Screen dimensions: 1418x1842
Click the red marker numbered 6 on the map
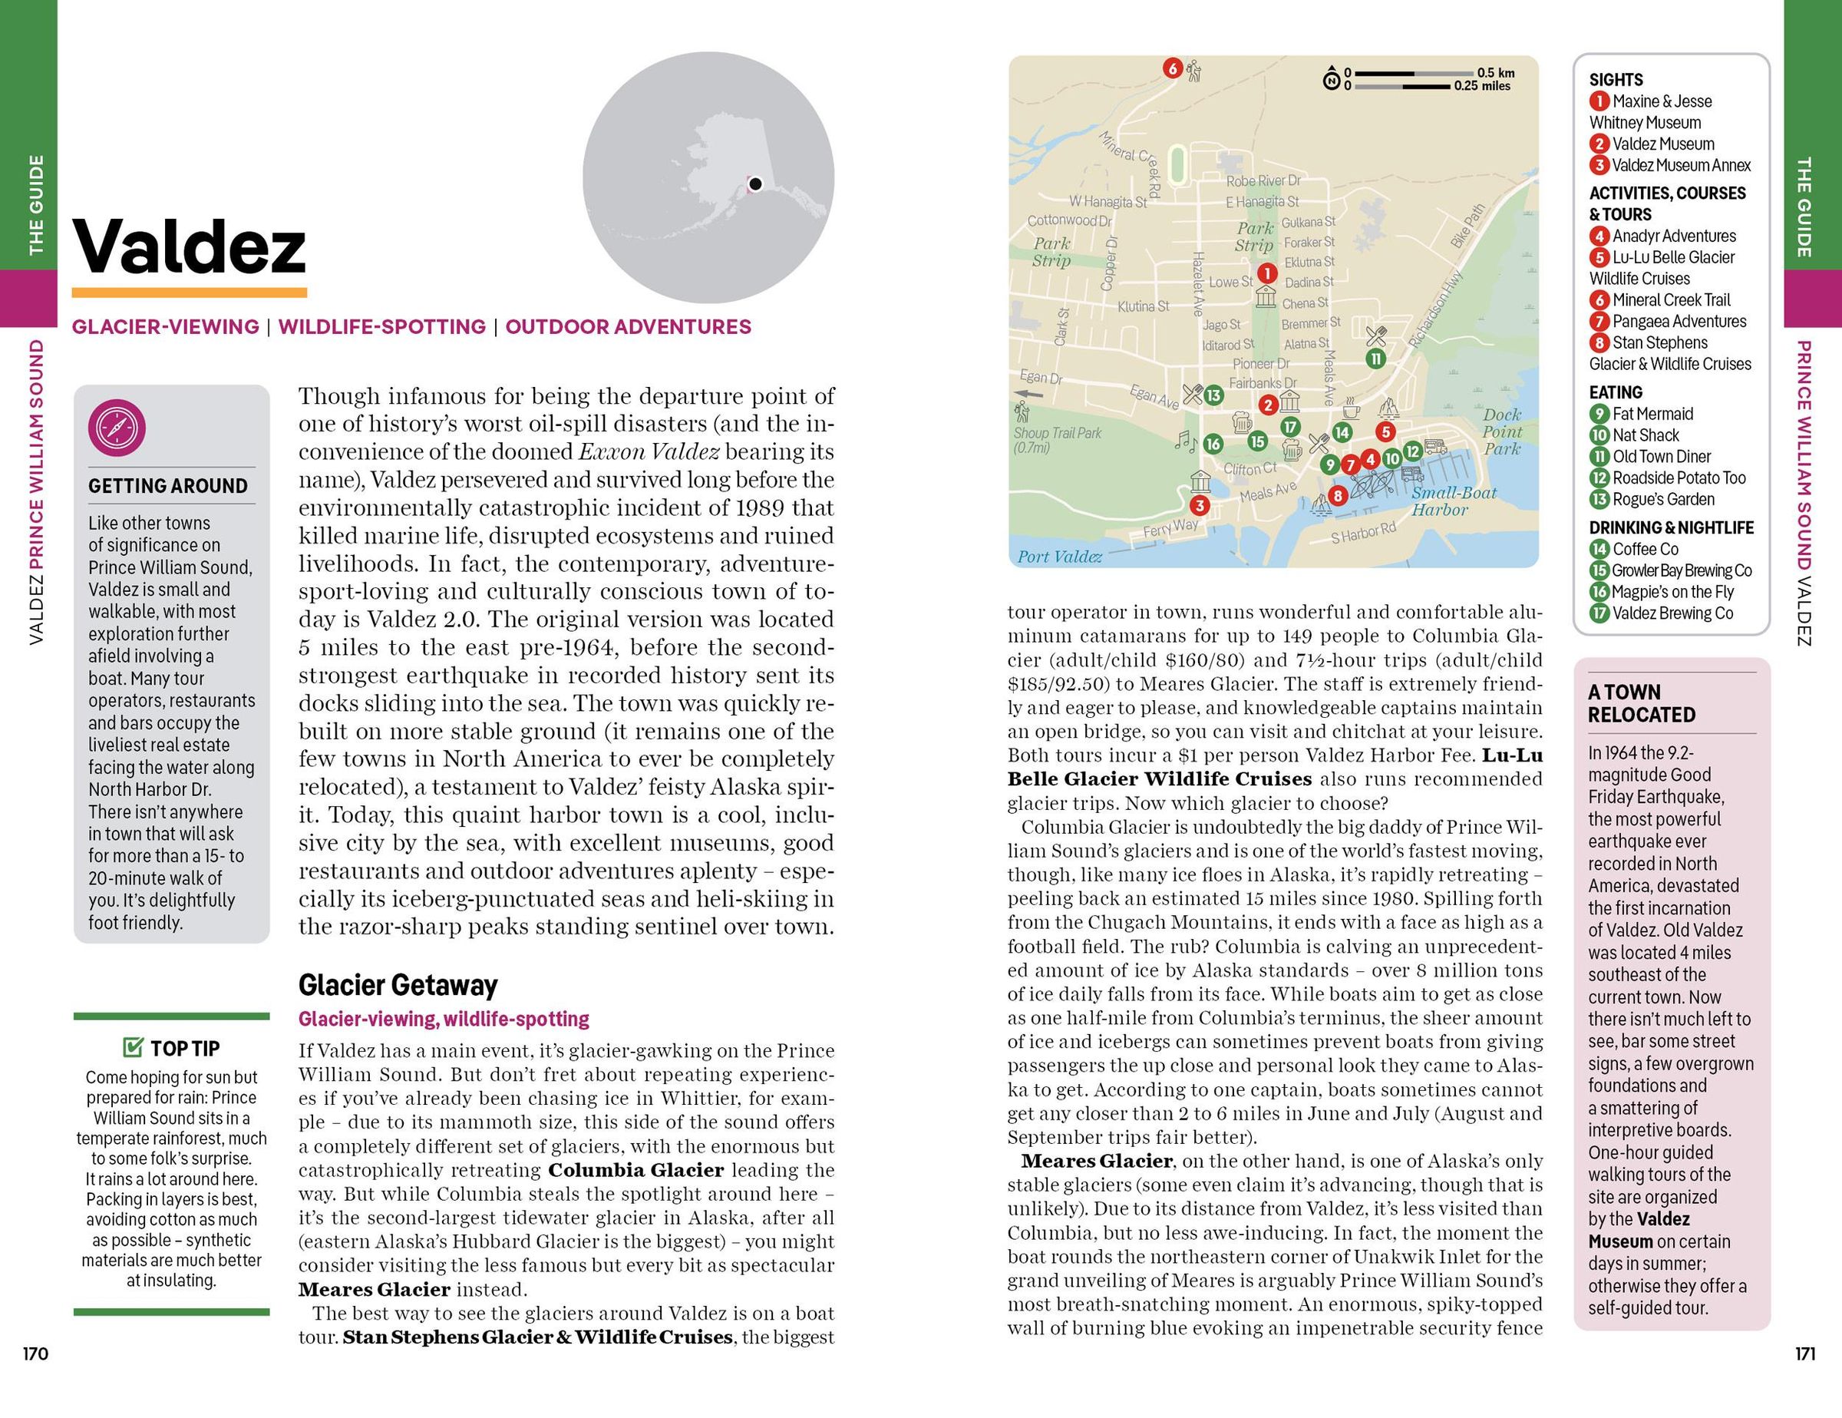[1172, 68]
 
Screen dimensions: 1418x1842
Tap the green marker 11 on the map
[1375, 359]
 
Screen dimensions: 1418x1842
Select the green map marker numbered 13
[1213, 395]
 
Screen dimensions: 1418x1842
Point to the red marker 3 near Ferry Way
[1200, 505]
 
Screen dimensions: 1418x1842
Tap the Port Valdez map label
[1059, 556]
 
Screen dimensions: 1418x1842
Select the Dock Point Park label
[1502, 432]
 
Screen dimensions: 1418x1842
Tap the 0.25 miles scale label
[1482, 86]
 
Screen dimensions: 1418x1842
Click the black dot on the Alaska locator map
[756, 184]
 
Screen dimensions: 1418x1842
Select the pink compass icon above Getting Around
[117, 427]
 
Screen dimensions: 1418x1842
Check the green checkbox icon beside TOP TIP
[133, 1048]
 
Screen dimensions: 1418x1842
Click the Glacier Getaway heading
[398, 984]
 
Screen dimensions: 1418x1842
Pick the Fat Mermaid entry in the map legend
[1652, 413]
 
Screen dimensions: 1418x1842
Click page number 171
[1805, 1354]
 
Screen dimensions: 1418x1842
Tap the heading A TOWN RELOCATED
[1641, 702]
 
